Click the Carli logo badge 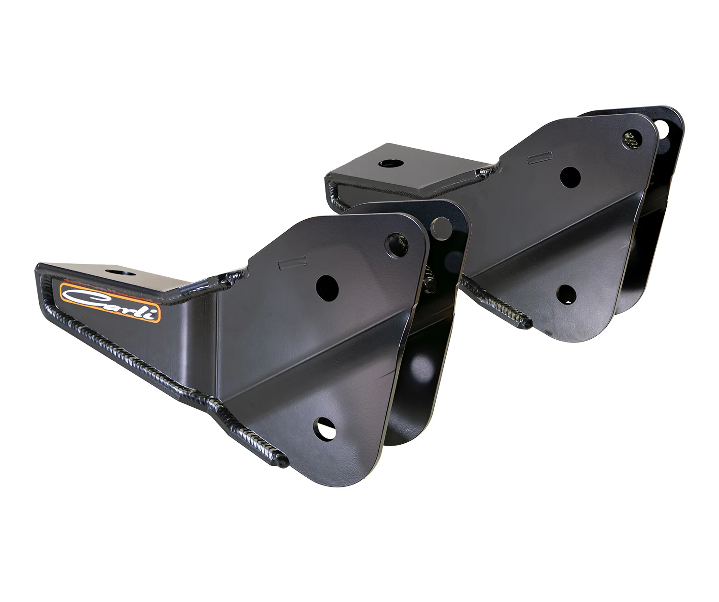[110, 302]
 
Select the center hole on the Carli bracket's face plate [327, 286]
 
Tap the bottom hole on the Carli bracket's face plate [325, 428]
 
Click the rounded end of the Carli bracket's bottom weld [283, 463]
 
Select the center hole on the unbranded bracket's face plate [570, 177]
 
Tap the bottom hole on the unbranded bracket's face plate [567, 294]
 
